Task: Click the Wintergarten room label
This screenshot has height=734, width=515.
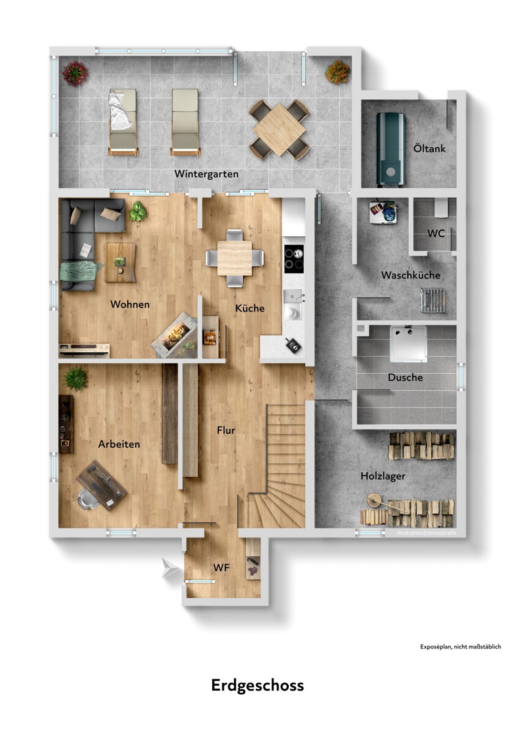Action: [206, 174]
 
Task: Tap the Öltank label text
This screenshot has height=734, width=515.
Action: [429, 149]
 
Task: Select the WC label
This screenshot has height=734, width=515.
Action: [436, 233]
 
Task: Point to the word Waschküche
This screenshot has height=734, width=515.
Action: [410, 275]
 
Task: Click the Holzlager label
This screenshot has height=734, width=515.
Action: [383, 476]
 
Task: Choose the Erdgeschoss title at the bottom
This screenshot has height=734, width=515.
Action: [257, 686]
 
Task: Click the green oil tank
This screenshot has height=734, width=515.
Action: [390, 150]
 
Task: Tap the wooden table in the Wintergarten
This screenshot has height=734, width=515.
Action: [279, 130]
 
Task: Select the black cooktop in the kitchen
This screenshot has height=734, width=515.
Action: [294, 259]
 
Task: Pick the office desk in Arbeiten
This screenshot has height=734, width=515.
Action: [102, 485]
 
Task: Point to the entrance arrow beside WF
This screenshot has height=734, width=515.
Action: [171, 568]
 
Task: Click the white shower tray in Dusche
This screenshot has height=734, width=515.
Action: [408, 344]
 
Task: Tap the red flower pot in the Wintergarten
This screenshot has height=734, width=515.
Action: [75, 73]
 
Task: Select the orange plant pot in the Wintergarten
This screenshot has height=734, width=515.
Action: [338, 72]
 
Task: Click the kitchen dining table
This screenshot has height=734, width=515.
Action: [235, 258]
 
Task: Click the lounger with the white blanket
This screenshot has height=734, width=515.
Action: [122, 122]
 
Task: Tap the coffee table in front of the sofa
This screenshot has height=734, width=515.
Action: [120, 262]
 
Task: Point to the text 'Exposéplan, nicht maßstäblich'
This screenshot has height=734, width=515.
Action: [461, 647]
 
